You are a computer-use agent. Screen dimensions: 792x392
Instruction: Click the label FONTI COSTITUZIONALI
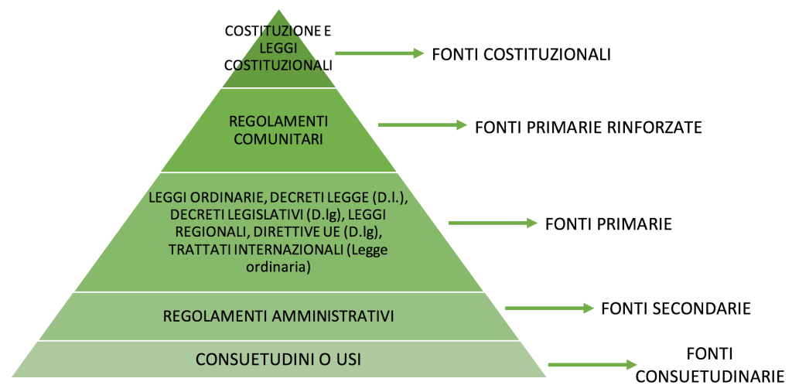(x=521, y=54)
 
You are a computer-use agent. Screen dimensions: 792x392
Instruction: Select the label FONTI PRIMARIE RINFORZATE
(x=589, y=128)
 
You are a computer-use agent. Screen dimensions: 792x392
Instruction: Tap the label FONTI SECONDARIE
(x=676, y=308)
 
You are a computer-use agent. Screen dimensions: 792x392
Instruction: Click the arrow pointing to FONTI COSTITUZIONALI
(x=379, y=53)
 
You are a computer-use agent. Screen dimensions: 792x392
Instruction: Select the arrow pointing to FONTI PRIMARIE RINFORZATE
(x=422, y=124)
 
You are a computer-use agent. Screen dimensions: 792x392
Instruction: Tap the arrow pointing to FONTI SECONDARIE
(x=549, y=308)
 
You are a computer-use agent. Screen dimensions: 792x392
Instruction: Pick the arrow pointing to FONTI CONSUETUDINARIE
(x=592, y=364)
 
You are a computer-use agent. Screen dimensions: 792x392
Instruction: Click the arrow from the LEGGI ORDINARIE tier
(x=493, y=222)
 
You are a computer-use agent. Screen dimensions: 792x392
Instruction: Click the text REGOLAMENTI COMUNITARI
(x=278, y=131)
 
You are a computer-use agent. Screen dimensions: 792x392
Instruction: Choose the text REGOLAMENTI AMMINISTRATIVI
(x=278, y=316)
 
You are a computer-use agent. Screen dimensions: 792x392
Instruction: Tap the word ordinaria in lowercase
(x=278, y=267)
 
